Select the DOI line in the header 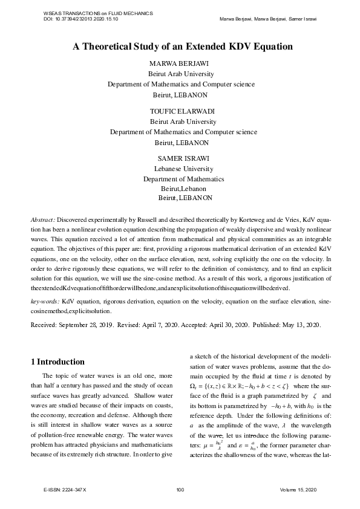(81, 19)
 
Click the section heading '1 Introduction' (57, 362)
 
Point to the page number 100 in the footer (180, 488)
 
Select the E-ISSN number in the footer (65, 488)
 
